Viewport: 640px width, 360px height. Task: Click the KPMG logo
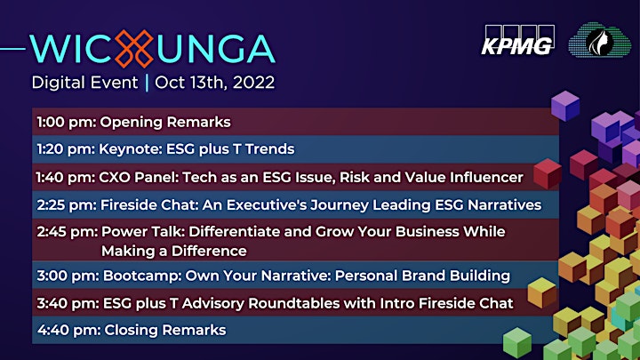[x=518, y=40]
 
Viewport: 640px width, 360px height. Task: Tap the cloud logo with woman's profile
[x=600, y=40]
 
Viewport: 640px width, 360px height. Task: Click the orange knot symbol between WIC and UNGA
[x=134, y=49]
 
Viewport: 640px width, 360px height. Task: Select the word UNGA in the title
[x=215, y=50]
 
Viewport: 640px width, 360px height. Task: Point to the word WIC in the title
[x=72, y=50]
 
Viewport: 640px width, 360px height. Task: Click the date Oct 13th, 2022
[x=215, y=83]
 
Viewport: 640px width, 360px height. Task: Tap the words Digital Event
[x=85, y=83]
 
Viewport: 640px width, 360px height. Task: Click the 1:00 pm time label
[x=66, y=122]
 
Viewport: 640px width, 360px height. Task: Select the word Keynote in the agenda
[x=131, y=149]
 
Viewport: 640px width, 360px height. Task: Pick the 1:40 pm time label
[x=65, y=178]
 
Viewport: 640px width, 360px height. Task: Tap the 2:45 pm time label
[x=68, y=232]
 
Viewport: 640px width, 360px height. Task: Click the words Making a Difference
[x=174, y=251]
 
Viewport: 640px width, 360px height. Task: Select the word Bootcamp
[x=142, y=276]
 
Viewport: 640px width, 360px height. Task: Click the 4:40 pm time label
[x=69, y=330]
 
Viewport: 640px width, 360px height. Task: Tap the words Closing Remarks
[x=165, y=330]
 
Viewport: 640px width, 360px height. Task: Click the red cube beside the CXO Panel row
[x=548, y=174]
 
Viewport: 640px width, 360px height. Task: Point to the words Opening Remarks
[x=165, y=122]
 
